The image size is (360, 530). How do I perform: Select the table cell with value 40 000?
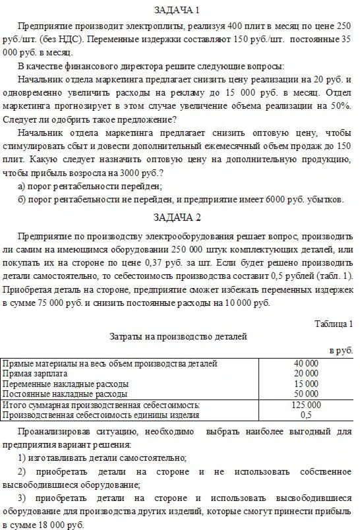306,363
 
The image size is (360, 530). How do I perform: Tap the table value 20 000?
306,373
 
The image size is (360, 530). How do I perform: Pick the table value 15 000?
306,384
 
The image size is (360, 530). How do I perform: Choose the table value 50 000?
306,394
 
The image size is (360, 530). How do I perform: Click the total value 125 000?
306,405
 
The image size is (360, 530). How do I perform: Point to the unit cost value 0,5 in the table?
306,415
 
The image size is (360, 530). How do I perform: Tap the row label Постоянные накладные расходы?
57,394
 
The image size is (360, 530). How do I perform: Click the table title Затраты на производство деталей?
178,336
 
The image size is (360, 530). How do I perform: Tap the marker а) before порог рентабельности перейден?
22,186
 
